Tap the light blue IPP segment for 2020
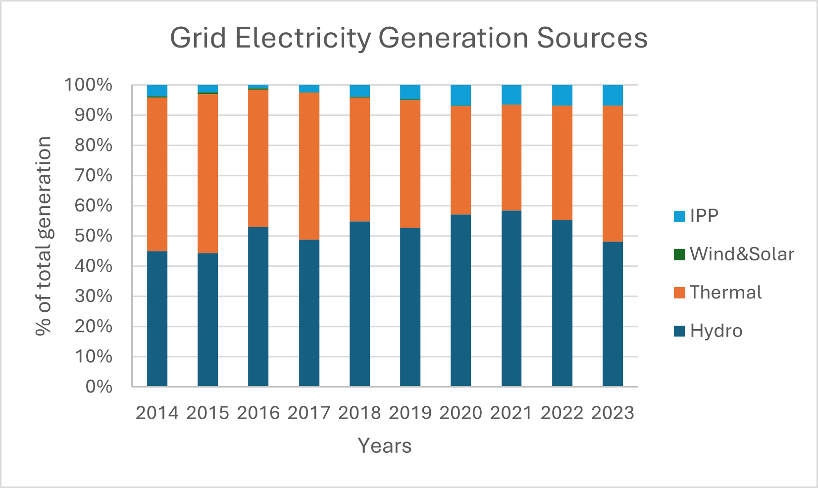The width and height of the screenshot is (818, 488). tap(460, 96)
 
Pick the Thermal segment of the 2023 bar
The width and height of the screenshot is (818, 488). tap(613, 173)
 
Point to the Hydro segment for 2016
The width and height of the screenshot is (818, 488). tap(258, 306)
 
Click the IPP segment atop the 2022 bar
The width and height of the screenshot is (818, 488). tap(562, 96)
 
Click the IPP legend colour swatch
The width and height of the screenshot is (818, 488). tap(679, 216)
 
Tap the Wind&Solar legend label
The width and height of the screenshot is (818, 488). tap(741, 254)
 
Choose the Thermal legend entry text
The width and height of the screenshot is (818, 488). tap(725, 293)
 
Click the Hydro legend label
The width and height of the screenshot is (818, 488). tap(716, 331)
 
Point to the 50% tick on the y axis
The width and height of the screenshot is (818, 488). tap(94, 236)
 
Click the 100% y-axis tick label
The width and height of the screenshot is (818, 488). tap(89, 85)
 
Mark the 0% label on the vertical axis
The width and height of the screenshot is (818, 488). tap(99, 387)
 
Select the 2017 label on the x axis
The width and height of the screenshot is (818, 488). tap(308, 413)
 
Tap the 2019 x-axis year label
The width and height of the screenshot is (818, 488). tap(410, 413)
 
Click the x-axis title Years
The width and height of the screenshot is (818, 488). tap(384, 446)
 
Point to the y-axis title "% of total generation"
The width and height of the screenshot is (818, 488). tap(44, 236)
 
